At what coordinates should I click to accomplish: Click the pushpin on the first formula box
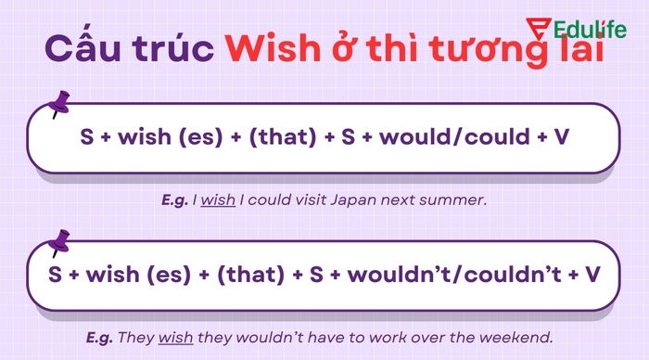coord(61,103)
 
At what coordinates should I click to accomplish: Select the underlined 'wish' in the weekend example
coord(178,336)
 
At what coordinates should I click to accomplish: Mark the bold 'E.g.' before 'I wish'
coord(174,199)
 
